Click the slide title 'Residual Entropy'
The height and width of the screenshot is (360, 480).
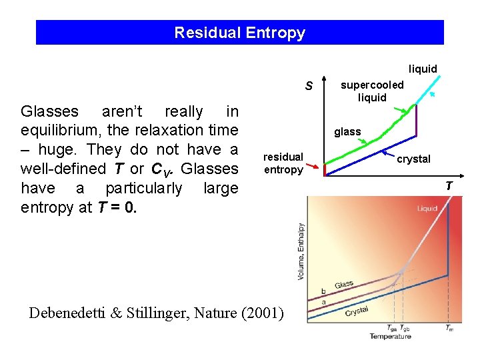pyautogui.click(x=239, y=33)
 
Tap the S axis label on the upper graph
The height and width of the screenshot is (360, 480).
pyautogui.click(x=309, y=86)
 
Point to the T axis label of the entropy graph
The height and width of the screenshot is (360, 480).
pyautogui.click(x=449, y=186)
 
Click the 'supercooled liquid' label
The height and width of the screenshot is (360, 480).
pyautogui.click(x=372, y=91)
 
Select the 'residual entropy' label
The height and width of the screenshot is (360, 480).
pyautogui.click(x=283, y=163)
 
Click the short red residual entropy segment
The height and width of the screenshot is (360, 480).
pyautogui.click(x=325, y=169)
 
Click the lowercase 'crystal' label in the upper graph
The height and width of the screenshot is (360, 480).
pyautogui.click(x=414, y=159)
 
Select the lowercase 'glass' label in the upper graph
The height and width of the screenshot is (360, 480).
pyautogui.click(x=347, y=132)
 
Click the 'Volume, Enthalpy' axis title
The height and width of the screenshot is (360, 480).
pyautogui.click(x=301, y=251)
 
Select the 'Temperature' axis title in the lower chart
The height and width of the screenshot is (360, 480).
pyautogui.click(x=390, y=336)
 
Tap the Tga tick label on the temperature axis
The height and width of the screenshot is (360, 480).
pyautogui.click(x=392, y=327)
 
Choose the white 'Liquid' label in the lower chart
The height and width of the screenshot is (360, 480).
pyautogui.click(x=427, y=209)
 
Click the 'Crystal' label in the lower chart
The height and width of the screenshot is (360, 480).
pyautogui.click(x=357, y=310)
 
